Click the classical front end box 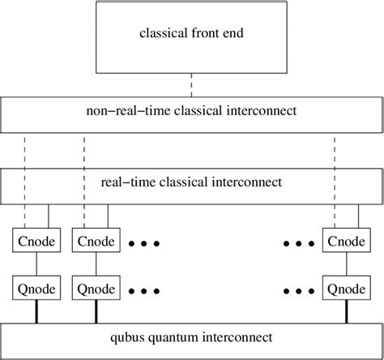pos(190,36)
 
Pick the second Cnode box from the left pos(96,242)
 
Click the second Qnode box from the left pos(96,288)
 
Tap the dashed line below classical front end pos(191,84)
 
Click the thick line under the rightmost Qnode pos(348,311)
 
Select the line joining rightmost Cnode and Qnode pos(348,264)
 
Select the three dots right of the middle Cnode pos(144,243)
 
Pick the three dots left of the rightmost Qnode pos(300,289)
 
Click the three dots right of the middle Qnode pos(144,289)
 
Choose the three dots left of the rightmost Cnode pos(300,243)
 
